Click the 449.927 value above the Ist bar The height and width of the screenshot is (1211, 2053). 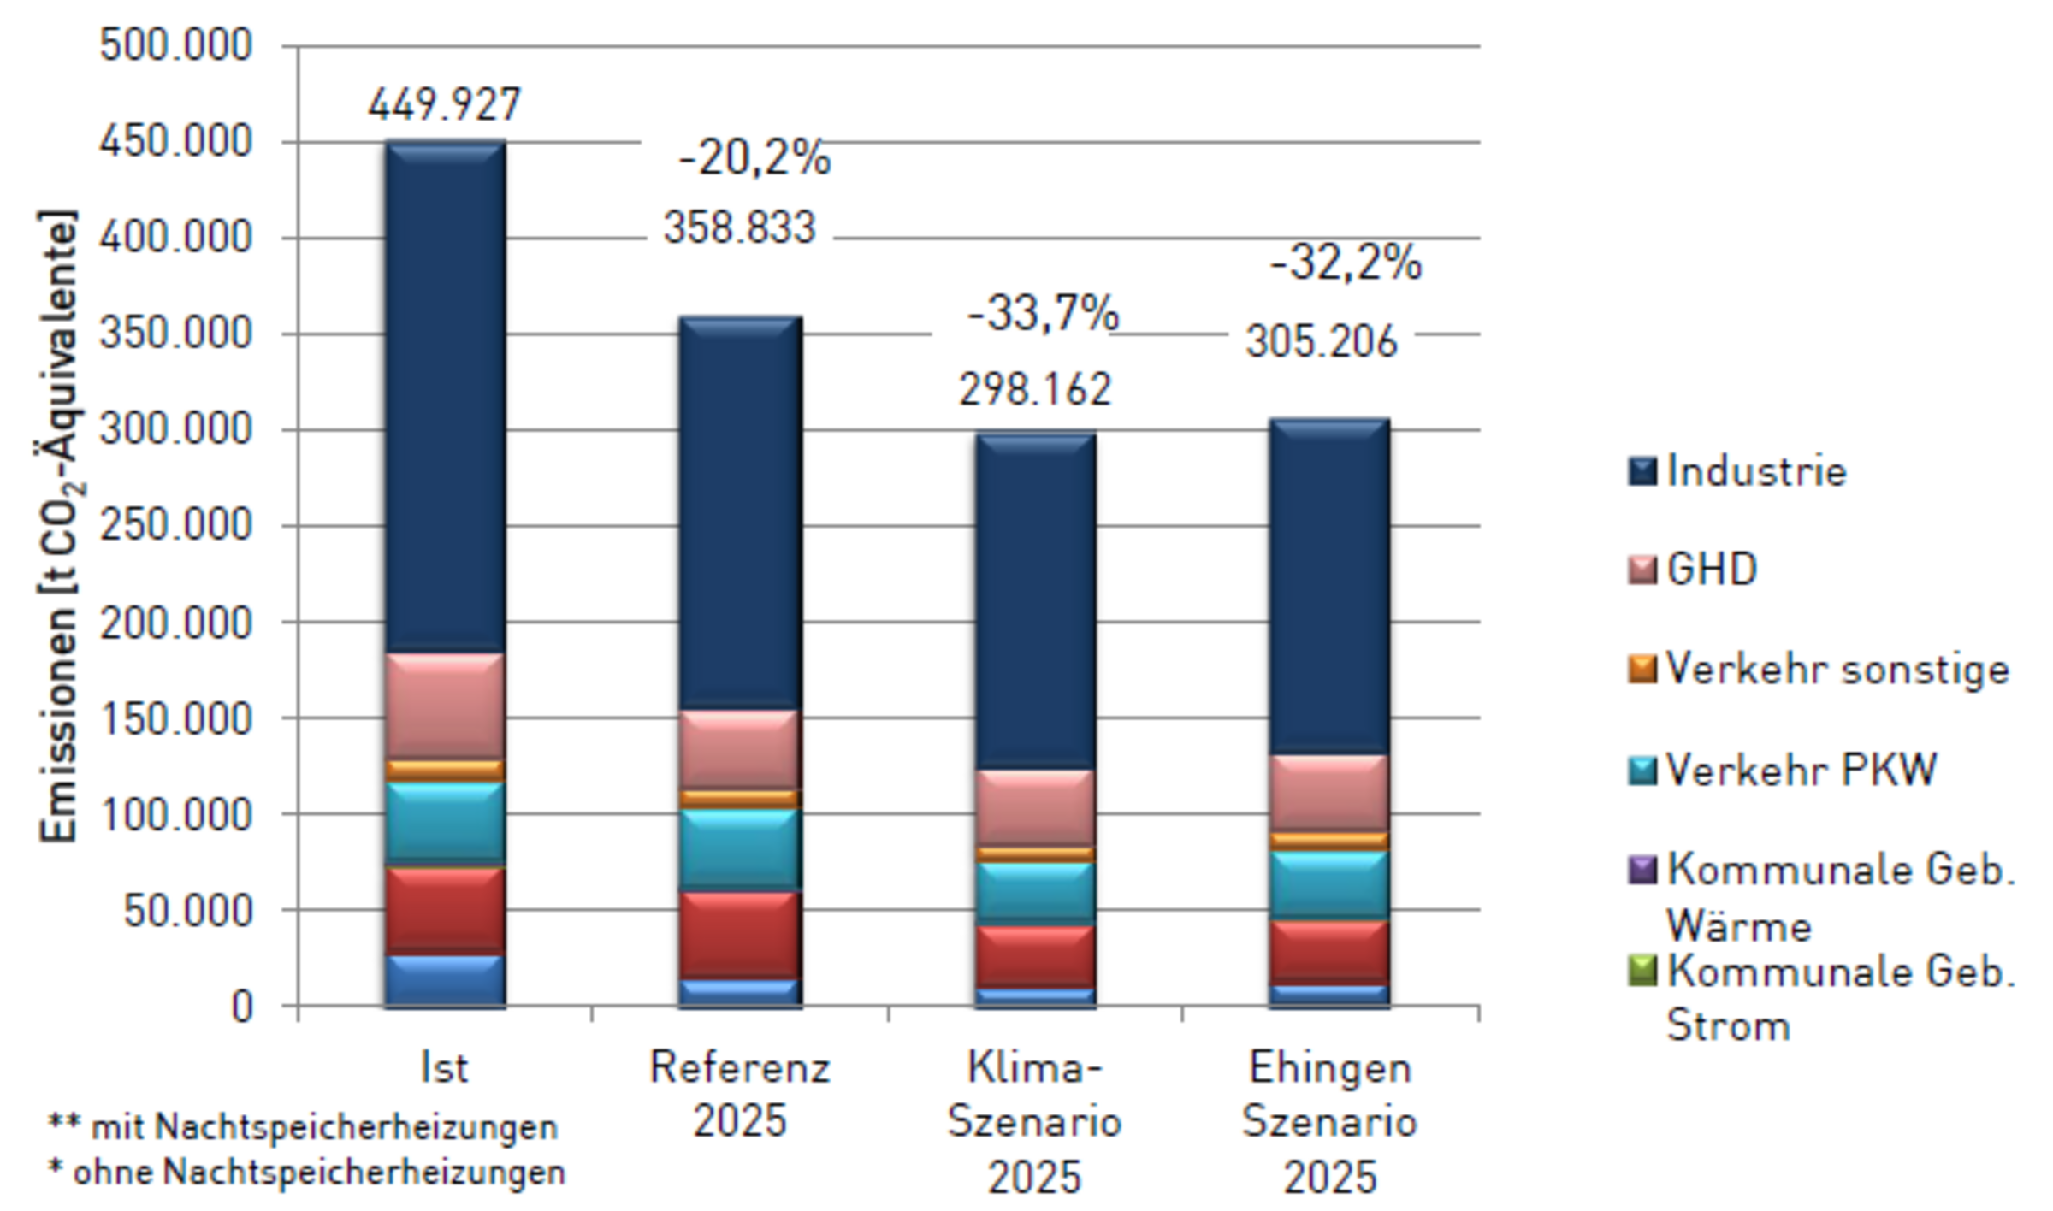(444, 105)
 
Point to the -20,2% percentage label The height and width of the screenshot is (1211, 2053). (754, 159)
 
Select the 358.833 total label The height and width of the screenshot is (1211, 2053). (740, 228)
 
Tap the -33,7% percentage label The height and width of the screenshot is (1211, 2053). (1043, 314)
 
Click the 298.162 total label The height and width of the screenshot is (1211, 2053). (1035, 390)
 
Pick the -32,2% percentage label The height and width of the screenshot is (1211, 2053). (1346, 263)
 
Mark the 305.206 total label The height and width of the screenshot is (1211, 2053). (1322, 342)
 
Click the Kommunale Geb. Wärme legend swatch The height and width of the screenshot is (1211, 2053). (1642, 869)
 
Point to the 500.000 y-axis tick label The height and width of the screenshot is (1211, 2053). (176, 45)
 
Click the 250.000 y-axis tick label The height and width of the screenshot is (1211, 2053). (176, 525)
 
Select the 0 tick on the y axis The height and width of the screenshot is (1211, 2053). (242, 1007)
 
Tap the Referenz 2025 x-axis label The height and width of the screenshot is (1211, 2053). (740, 1095)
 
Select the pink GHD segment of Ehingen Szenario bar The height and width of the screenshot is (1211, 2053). (1329, 793)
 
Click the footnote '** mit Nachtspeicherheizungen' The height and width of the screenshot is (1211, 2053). (303, 1127)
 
